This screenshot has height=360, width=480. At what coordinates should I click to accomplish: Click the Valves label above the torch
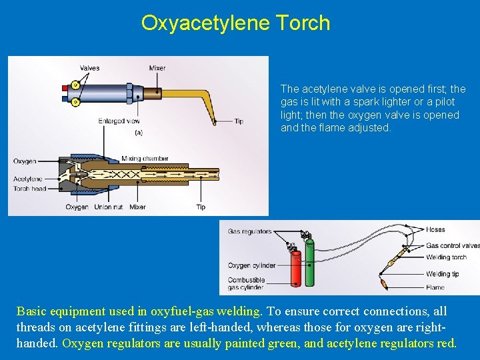[89, 68]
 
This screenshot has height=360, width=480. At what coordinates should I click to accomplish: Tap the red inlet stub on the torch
[64, 88]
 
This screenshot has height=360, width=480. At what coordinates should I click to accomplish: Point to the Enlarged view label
[119, 121]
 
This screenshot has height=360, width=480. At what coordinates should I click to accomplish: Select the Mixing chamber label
[145, 159]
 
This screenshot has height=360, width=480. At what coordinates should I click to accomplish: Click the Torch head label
[29, 189]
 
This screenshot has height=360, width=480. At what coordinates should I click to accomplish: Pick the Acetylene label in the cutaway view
[27, 179]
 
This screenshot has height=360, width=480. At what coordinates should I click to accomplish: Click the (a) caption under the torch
[139, 133]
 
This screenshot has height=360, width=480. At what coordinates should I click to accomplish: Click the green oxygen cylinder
[309, 266]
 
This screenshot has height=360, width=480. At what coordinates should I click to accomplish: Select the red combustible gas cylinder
[294, 269]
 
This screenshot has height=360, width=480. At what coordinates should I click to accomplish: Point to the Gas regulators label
[250, 231]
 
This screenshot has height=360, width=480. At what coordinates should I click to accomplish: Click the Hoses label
[435, 230]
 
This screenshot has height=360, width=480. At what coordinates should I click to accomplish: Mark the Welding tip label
[443, 274]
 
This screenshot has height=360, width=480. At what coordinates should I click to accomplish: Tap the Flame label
[435, 288]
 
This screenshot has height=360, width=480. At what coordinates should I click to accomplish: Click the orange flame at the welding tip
[385, 286]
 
